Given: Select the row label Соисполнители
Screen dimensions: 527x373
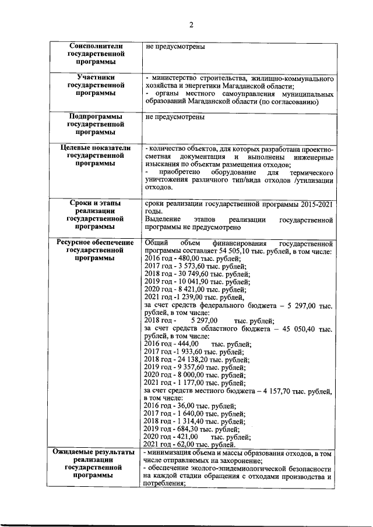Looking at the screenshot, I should [x=95, y=45].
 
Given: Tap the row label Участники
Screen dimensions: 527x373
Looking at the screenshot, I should [x=95, y=77].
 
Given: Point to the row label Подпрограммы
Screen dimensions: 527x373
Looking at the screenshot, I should [x=95, y=116].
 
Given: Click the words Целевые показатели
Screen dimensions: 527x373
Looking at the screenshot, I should [x=95, y=148].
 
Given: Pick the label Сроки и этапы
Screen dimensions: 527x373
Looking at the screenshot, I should [x=95, y=203].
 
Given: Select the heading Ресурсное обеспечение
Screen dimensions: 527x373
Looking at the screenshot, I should [x=95, y=242].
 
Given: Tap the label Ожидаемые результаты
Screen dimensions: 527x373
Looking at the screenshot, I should [x=95, y=452].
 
